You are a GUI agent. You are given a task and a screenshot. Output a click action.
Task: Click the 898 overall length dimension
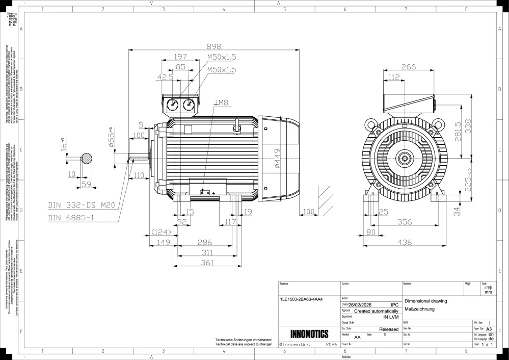coord(214,44)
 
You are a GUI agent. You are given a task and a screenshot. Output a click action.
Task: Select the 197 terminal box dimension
coord(180,57)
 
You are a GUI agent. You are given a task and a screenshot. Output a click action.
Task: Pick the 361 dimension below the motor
coord(206,263)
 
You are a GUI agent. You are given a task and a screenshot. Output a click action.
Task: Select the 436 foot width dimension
coord(404,243)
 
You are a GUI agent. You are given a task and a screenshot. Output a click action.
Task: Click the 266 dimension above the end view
coord(408,67)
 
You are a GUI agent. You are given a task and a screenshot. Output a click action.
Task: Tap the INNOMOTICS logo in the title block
coord(309,335)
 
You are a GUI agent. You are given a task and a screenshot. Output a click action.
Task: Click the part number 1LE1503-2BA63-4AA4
coord(302,299)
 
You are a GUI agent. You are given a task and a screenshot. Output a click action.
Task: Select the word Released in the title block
coord(389,329)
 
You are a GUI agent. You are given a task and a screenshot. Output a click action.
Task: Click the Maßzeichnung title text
coord(419,309)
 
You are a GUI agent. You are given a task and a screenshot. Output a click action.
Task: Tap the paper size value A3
coord(489,329)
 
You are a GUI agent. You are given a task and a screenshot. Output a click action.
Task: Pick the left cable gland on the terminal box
coord(174,105)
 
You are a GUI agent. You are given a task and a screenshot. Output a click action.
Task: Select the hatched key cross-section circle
coord(87,159)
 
